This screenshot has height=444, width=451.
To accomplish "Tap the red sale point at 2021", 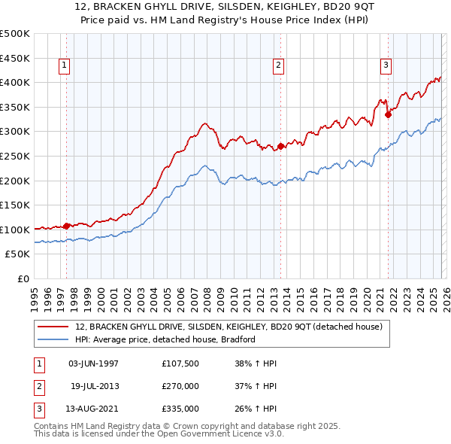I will [389, 114].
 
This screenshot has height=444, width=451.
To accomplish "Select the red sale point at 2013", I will [280, 146].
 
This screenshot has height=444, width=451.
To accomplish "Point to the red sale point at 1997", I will [67, 225].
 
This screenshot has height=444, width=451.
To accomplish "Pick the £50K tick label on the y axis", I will [17, 254].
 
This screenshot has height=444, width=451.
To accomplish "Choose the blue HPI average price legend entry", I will [165, 339].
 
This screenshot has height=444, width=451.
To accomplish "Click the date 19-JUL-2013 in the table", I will [95, 386].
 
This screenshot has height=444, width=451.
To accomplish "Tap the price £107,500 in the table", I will [180, 363].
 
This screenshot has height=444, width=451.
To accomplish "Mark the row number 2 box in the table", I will [38, 386].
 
